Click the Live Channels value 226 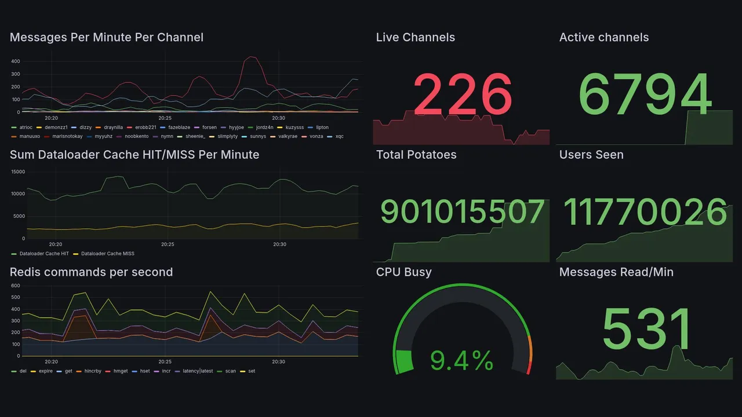[x=462, y=94]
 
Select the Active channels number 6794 [x=645, y=94]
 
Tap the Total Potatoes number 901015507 [x=462, y=212]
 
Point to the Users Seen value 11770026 [x=645, y=212]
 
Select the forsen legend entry [x=209, y=127]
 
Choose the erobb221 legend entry [x=145, y=127]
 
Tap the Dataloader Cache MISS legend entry [x=107, y=254]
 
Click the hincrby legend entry [x=93, y=371]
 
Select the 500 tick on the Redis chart [x=15, y=298]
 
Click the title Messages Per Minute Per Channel [x=107, y=38]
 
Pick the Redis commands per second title [x=92, y=272]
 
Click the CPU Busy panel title [x=403, y=272]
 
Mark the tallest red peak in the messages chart [x=251, y=57]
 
